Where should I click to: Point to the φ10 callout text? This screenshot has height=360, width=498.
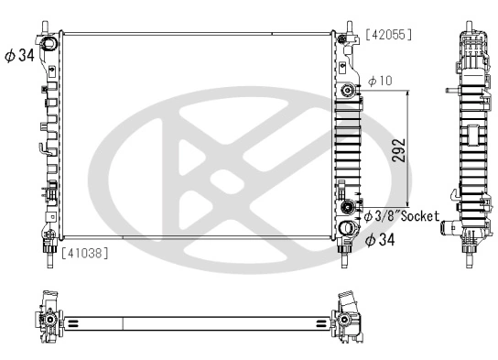point(380,82)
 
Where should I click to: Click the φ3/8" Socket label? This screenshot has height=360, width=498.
point(402,217)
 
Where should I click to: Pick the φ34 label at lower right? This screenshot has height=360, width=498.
point(382,241)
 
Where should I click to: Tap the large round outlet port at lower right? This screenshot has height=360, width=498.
point(347,229)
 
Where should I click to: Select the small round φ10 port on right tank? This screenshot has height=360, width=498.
point(347,93)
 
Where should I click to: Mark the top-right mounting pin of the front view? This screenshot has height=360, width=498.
point(348,25)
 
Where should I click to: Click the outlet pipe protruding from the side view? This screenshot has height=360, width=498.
point(449,225)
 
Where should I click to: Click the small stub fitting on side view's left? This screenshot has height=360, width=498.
point(446,91)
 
